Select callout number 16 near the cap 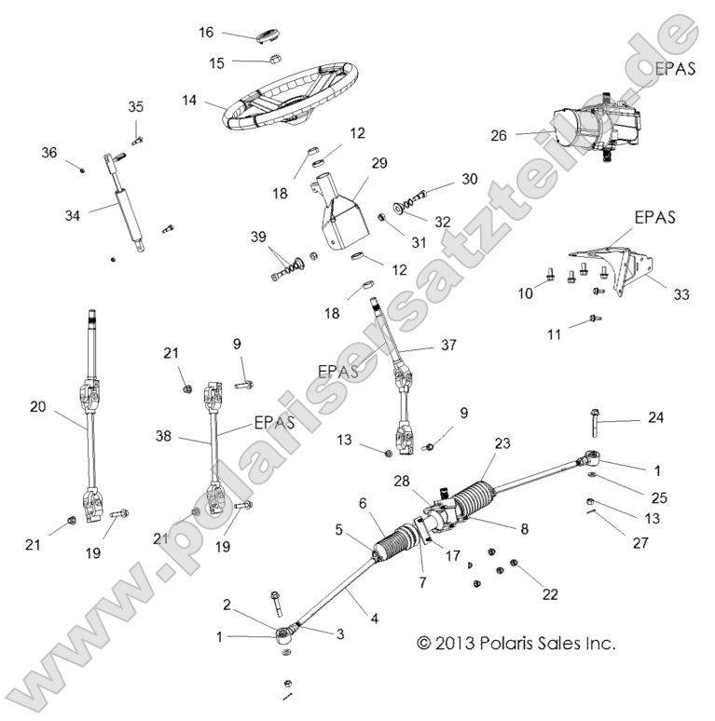tap(206, 33)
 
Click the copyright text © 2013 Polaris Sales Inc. tap(516, 643)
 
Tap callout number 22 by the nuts tap(550, 593)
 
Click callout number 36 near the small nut tap(48, 151)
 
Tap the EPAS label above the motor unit tap(674, 68)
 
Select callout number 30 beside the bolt tap(468, 179)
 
